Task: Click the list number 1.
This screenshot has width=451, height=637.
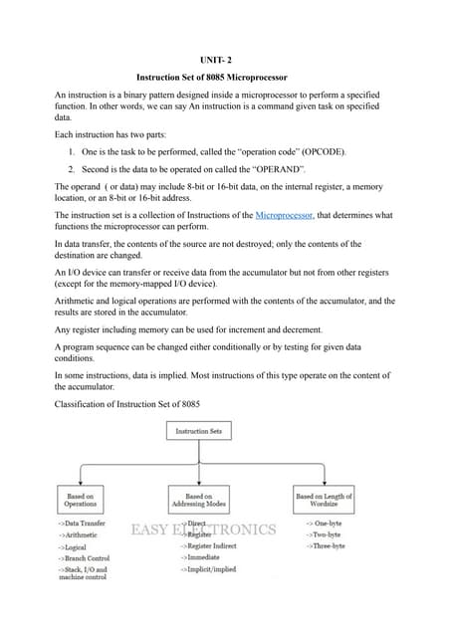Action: (73, 153)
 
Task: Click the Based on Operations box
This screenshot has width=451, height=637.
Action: (82, 500)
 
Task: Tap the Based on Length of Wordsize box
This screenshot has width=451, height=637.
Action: (324, 500)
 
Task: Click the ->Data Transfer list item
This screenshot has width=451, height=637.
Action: (83, 523)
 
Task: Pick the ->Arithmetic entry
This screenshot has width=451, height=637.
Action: (79, 534)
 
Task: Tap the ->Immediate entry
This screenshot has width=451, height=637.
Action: (200, 557)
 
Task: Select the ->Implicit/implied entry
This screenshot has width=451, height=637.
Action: (208, 569)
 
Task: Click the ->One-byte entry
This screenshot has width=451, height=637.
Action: (325, 523)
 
